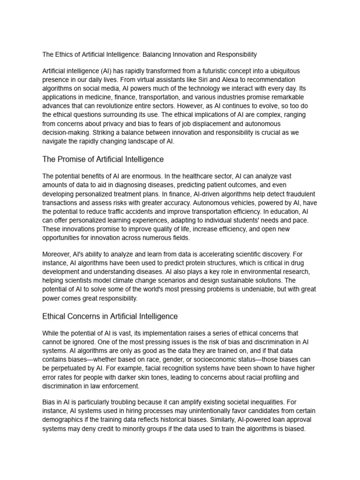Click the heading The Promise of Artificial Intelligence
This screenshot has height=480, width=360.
103,159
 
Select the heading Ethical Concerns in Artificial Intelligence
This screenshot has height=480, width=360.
110,316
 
